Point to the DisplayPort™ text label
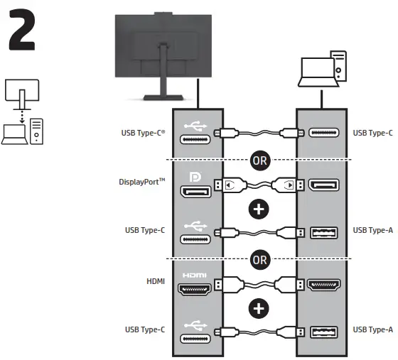point(141,181)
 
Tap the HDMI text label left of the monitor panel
point(155,281)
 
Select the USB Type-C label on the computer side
point(372,132)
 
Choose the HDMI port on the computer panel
point(324,285)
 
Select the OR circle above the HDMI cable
point(259,259)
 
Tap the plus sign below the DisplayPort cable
point(259,210)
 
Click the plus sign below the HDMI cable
point(259,307)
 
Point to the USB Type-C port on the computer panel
point(324,132)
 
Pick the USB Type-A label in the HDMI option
point(372,329)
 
